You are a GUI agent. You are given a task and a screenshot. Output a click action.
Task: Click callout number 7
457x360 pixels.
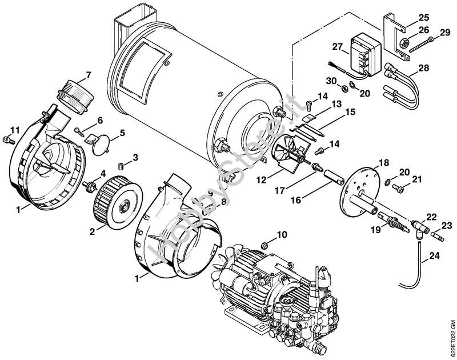pyautogui.click(x=88, y=74)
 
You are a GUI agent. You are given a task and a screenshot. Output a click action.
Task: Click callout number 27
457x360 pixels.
pyautogui.click(x=336, y=47)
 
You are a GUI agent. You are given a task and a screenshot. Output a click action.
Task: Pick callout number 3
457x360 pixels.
pyautogui.click(x=135, y=157)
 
